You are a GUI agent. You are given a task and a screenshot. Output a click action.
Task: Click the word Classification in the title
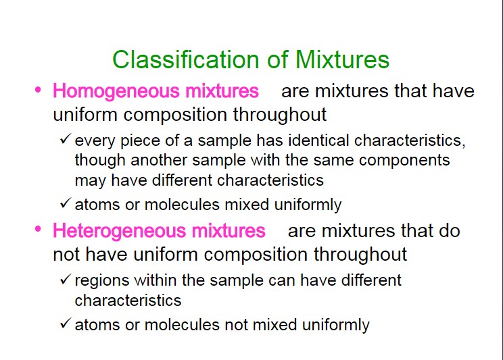pos(186,59)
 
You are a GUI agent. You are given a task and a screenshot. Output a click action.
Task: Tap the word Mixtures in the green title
pos(342,59)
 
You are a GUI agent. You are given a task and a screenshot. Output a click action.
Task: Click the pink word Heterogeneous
pos(120,231)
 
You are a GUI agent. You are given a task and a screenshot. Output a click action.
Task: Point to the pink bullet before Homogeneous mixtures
pos(38,89)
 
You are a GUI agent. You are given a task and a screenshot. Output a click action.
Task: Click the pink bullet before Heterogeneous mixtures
pos(38,229)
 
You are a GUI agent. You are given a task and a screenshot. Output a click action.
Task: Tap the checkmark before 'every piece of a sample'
pos(65,138)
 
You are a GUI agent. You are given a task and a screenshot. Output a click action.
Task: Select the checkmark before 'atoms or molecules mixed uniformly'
pos(65,203)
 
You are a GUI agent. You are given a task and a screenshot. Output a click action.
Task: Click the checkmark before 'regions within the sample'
pos(65,278)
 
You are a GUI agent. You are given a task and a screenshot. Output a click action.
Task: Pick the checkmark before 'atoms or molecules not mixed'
pos(65,323)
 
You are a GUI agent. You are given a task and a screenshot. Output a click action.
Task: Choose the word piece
pos(140,142)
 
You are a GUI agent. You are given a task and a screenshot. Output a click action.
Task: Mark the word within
pos(155,280)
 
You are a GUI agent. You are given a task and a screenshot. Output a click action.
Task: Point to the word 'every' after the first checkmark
pos(95,142)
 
